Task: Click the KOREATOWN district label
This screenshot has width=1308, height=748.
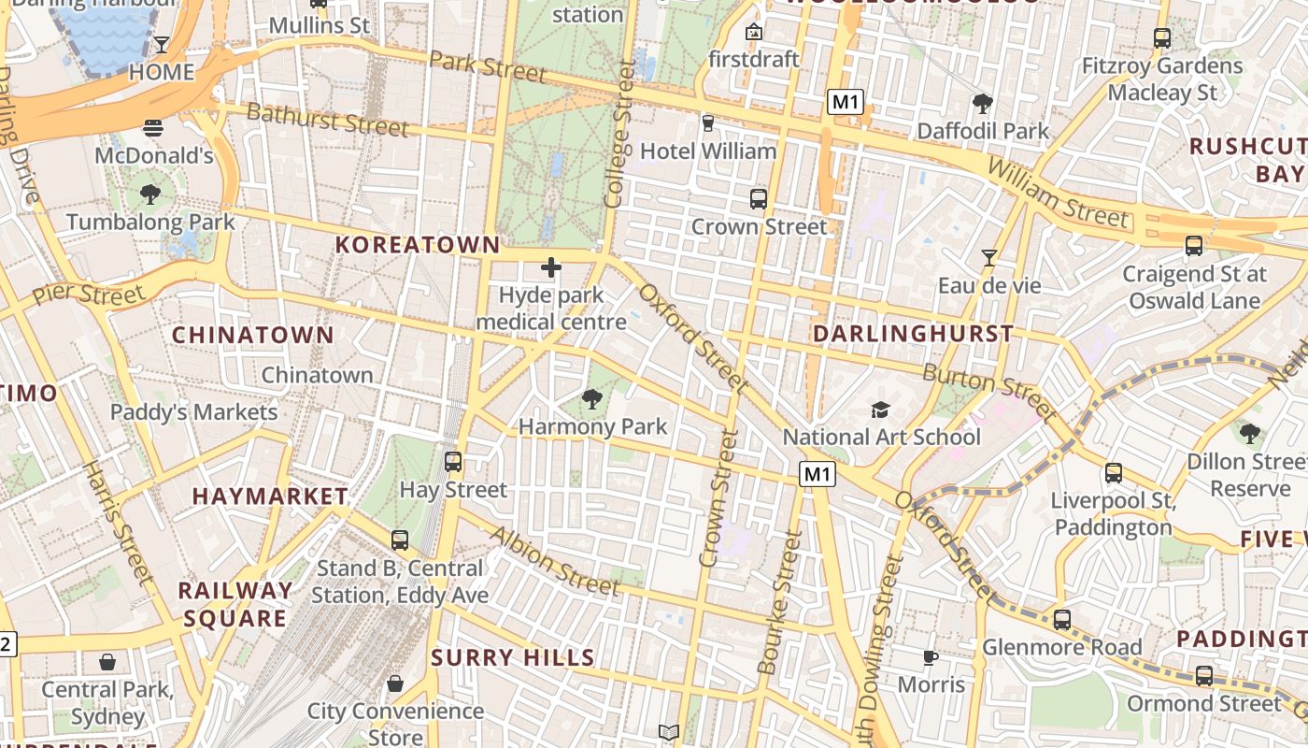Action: [x=418, y=245]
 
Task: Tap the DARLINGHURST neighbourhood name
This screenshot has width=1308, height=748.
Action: [x=913, y=334]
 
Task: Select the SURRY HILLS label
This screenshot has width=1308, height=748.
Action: [x=513, y=657]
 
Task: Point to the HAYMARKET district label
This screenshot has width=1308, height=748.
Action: [x=270, y=496]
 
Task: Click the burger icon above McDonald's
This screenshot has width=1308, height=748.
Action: [x=154, y=127]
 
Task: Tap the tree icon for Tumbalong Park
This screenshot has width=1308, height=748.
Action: [x=149, y=194]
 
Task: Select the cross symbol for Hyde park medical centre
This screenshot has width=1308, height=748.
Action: [x=551, y=268]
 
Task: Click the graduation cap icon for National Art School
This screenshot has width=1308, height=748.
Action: [x=880, y=410]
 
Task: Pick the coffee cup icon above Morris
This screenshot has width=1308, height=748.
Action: [x=931, y=657]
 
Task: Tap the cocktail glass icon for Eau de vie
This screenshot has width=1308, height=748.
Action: [x=989, y=257]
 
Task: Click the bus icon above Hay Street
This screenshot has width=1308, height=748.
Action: [x=453, y=461]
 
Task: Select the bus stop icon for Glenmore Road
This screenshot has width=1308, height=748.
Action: [x=1061, y=619]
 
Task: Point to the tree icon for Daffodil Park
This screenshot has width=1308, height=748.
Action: [x=982, y=104]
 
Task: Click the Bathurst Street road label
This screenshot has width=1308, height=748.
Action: [x=327, y=119]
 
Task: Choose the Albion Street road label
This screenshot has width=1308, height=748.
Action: [x=555, y=561]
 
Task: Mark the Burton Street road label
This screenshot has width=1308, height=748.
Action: [x=989, y=391]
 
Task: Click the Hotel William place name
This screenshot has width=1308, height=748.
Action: [x=708, y=151]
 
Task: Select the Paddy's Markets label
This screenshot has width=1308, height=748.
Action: [x=193, y=412]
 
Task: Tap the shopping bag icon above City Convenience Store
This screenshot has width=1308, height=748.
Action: [x=395, y=683]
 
